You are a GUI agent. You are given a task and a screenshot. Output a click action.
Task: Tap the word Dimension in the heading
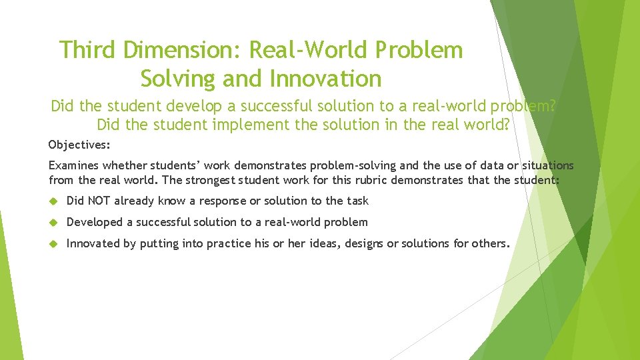click(x=181, y=49)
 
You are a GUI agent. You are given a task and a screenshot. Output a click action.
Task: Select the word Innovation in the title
click(x=325, y=79)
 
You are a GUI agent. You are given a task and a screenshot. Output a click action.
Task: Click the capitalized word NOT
click(x=97, y=201)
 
